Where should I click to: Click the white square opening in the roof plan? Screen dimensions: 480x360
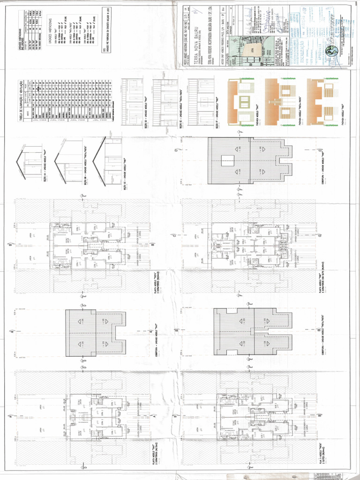(225, 160)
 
